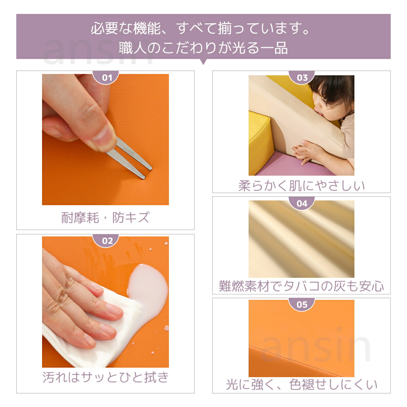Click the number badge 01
(x=105, y=77)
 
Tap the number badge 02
(x=105, y=240)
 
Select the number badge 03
(x=302, y=77)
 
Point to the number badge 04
(x=302, y=203)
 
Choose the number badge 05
(x=302, y=304)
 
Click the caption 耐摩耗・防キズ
(x=105, y=217)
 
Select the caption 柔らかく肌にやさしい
(x=302, y=186)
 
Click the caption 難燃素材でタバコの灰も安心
(x=302, y=286)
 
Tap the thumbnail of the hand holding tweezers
(x=105, y=139)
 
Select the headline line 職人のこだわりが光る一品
(x=203, y=48)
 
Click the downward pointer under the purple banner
(x=203, y=62)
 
